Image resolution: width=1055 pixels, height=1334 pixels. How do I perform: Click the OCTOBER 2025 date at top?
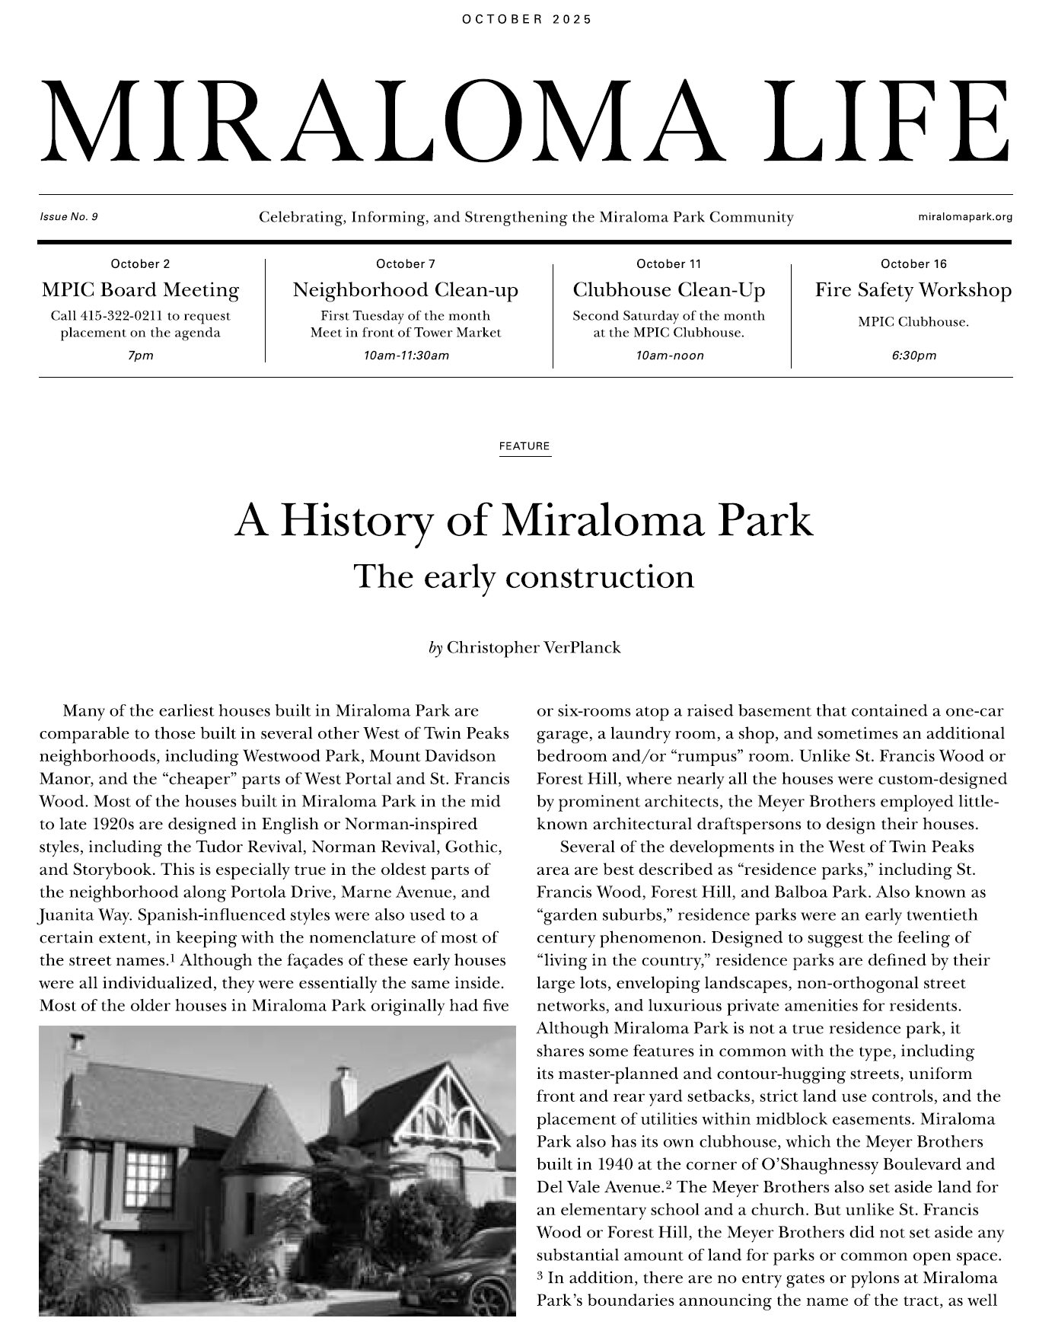coord(527,20)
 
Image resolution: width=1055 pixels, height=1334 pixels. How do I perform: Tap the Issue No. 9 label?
coord(69,217)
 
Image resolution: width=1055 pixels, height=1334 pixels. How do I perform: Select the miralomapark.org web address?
coord(965,217)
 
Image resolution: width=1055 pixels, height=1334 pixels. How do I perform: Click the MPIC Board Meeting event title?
coord(140,290)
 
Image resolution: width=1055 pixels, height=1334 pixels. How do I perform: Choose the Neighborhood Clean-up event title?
coord(406,290)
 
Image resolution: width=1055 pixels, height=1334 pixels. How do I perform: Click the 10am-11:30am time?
coord(406,356)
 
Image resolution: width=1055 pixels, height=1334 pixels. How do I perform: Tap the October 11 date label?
coord(668,264)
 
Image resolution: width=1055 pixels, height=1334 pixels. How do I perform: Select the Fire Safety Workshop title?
coord(913,290)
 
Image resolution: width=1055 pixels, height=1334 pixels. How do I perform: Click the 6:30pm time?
coord(913,356)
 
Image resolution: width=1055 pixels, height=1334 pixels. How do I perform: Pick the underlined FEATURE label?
coord(524,446)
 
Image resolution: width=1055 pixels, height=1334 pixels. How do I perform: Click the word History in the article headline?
coord(357,522)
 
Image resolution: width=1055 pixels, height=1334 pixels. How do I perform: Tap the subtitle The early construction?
coord(524,576)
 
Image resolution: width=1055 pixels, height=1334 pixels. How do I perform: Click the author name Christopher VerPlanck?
coord(534,648)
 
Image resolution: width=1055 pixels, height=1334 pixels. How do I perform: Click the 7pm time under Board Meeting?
coord(140,356)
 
